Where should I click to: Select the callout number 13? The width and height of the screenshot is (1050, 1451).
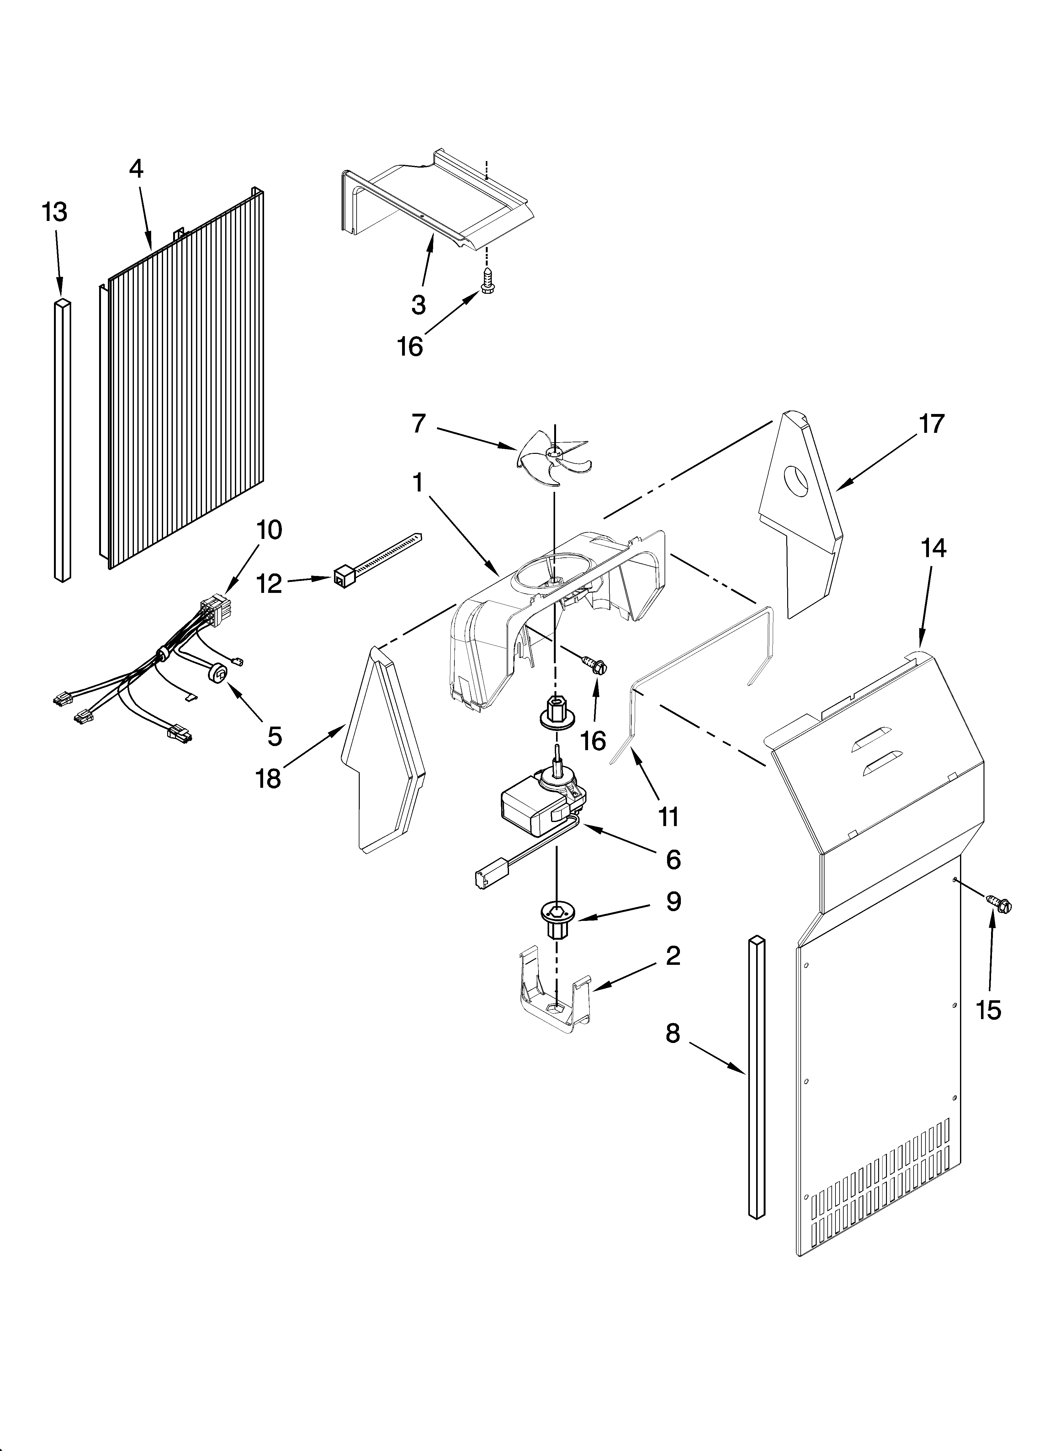pyautogui.click(x=55, y=212)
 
